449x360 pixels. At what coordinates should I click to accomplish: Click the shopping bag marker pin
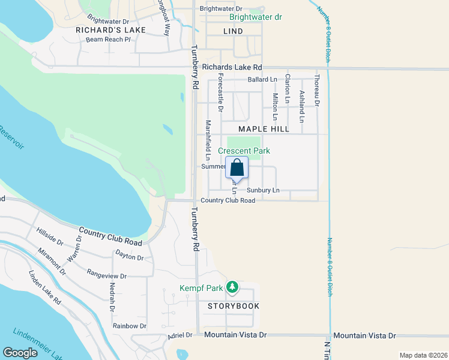pos(237,167)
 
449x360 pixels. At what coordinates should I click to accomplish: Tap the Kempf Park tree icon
pos(232,289)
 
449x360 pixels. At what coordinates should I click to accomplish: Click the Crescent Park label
pos(244,151)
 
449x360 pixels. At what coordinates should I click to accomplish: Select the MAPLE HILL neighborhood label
pos(264,129)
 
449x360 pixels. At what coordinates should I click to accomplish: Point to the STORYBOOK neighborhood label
pos(234,306)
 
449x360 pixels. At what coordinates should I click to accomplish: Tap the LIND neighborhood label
pos(233,31)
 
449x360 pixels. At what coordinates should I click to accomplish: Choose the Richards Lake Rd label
pos(232,68)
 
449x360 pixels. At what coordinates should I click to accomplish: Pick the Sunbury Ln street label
pos(263,190)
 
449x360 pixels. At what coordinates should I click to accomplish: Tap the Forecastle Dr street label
pos(221,94)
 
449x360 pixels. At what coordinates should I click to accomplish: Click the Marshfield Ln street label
pos(208,140)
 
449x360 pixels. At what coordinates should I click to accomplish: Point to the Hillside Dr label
pos(49,236)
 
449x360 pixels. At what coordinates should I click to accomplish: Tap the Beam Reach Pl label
pos(108,40)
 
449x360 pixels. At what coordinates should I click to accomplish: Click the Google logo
pos(20,353)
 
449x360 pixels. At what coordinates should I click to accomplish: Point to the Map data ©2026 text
pos(423,355)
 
